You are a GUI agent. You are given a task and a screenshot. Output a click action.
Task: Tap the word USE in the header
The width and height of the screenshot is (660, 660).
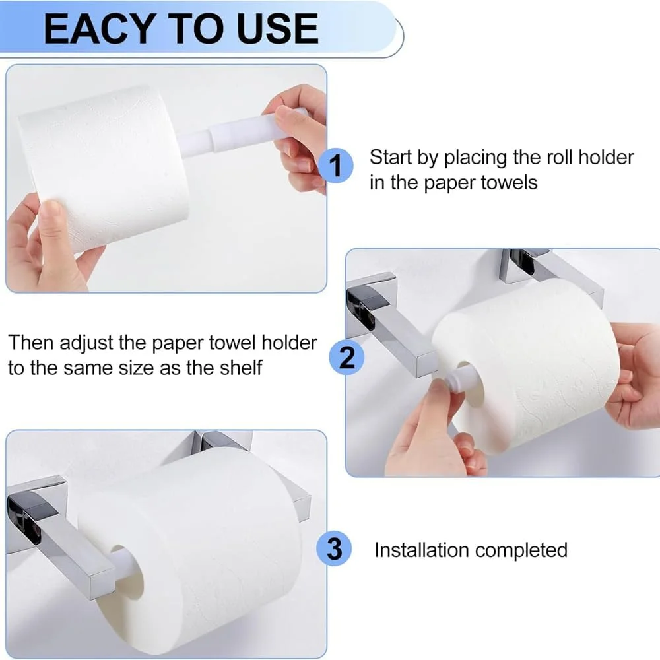coord(277,28)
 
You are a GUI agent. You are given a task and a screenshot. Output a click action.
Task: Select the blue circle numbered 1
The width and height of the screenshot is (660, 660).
coord(335,166)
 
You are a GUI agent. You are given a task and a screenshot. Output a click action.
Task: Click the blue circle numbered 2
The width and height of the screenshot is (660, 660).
coord(346,358)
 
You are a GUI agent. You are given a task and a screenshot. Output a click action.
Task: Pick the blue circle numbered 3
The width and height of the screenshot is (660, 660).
coord(335,548)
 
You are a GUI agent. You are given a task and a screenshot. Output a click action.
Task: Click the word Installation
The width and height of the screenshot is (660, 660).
coord(422,550)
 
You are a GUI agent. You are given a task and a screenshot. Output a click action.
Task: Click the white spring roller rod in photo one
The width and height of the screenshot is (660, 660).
coord(242,132)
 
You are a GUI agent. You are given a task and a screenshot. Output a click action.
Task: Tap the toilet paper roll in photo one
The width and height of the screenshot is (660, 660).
coord(104,168)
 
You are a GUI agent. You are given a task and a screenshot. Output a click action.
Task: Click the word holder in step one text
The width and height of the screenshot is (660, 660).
coord(606,157)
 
